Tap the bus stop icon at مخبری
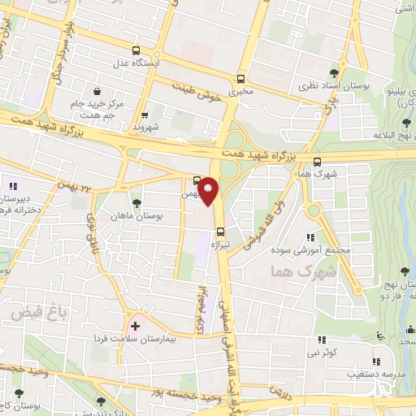point(240,80)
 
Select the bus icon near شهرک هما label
point(317,161)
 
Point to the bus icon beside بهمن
point(197,182)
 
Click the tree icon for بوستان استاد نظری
point(335,73)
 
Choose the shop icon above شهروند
point(145,115)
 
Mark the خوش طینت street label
point(197,90)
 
